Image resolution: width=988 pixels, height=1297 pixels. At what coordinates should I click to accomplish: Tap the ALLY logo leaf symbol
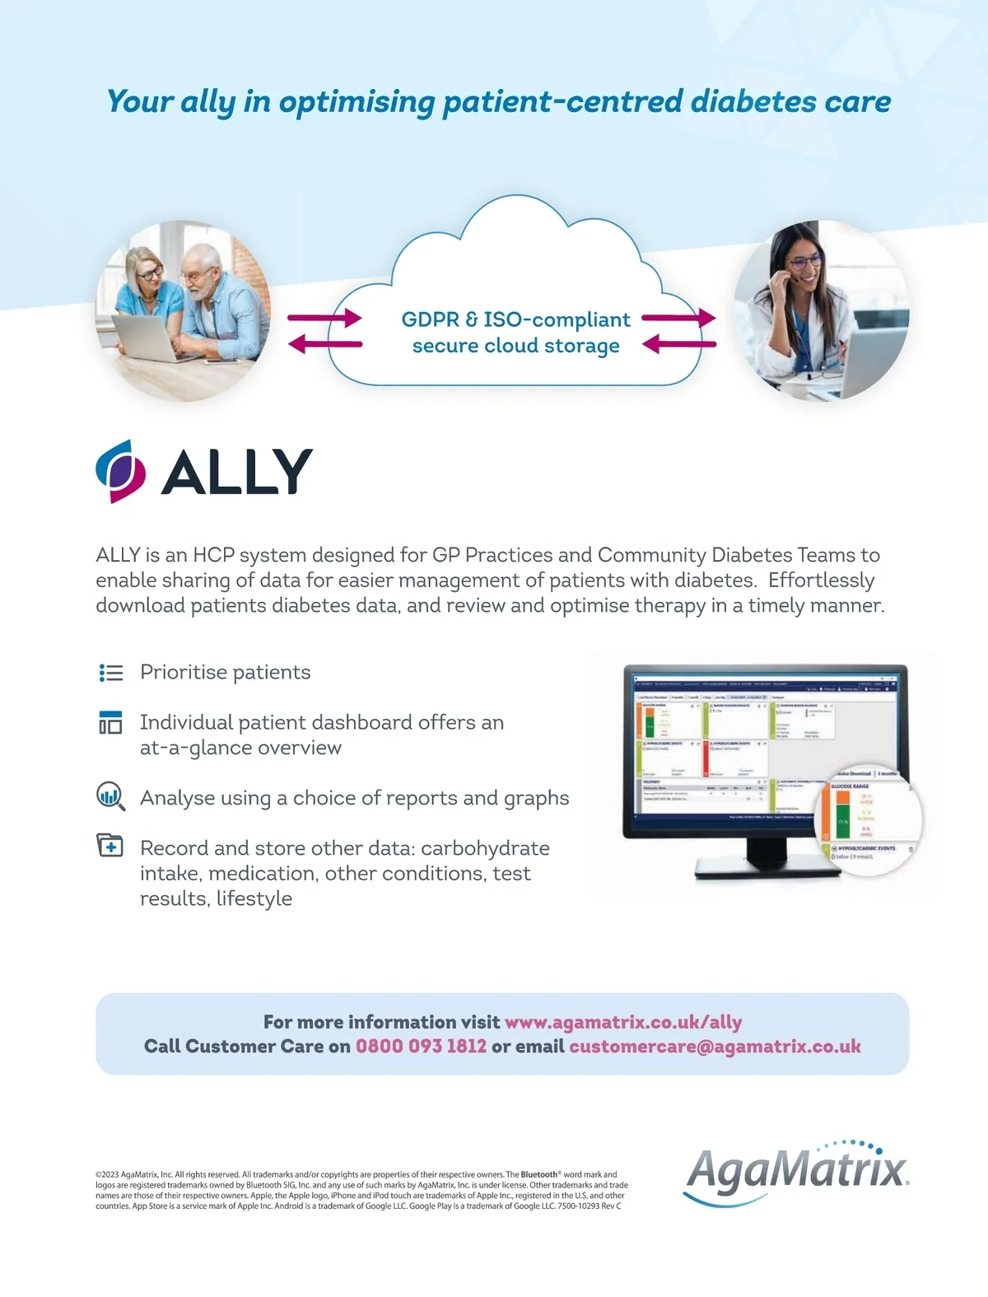pyautogui.click(x=120, y=471)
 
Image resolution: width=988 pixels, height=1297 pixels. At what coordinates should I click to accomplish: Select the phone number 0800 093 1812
pyautogui.click(x=421, y=1046)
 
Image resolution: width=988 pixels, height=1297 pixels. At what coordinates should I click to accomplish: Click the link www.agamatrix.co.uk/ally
pyautogui.click(x=623, y=1022)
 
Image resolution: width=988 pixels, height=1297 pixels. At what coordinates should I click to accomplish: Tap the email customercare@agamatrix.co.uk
pyautogui.click(x=715, y=1046)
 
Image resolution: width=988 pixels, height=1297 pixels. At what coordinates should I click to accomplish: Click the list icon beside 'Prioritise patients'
pyautogui.click(x=110, y=673)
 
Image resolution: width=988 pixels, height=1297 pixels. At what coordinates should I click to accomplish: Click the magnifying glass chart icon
pyautogui.click(x=110, y=796)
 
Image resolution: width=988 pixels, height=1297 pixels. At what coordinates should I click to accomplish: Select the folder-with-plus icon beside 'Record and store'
pyautogui.click(x=110, y=846)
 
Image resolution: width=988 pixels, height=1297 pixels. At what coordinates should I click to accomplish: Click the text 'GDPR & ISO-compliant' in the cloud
pyautogui.click(x=515, y=320)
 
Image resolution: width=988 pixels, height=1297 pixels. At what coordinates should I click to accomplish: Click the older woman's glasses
pyautogui.click(x=150, y=273)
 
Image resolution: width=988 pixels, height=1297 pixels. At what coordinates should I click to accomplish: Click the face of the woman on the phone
pyautogui.click(x=799, y=265)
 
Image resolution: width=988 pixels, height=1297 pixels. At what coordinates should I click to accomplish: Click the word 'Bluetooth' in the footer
pyautogui.click(x=538, y=1174)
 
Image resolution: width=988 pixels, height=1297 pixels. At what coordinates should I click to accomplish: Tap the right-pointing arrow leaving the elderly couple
pyautogui.click(x=324, y=318)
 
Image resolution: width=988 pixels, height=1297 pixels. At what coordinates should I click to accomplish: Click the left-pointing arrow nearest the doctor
pyautogui.click(x=678, y=344)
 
